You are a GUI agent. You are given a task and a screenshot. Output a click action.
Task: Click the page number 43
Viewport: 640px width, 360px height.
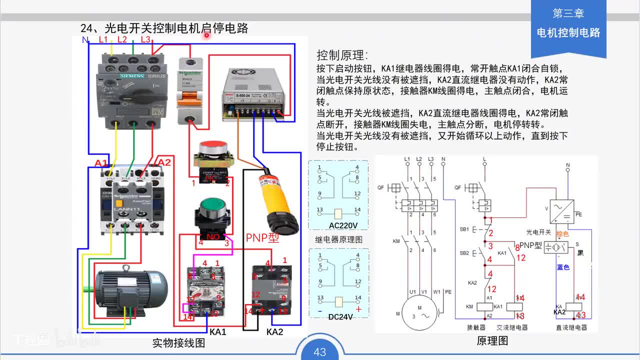tap(320, 352)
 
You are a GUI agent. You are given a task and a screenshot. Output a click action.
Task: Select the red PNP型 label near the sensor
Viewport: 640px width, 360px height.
tap(262, 237)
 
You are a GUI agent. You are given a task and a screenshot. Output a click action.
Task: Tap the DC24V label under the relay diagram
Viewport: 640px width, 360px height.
tap(338, 316)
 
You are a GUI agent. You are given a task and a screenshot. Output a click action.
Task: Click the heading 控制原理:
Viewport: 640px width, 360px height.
tap(342, 55)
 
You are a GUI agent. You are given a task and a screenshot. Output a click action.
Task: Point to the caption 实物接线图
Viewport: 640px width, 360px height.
tap(178, 343)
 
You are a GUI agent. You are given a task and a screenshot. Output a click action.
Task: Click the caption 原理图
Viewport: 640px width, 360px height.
tap(492, 340)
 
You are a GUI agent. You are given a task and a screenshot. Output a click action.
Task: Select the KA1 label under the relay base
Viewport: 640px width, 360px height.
tap(218, 331)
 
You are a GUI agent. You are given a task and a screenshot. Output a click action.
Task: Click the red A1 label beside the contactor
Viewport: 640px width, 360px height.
tap(101, 163)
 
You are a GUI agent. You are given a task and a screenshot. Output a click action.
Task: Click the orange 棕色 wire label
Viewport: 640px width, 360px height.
tap(562, 234)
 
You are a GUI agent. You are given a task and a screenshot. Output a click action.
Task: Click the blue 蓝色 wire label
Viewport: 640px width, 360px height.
tap(563, 267)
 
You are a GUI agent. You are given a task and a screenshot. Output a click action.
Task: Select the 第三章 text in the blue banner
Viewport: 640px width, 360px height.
tap(568, 13)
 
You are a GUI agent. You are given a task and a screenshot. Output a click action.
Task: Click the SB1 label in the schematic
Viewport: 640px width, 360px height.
tap(463, 229)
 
